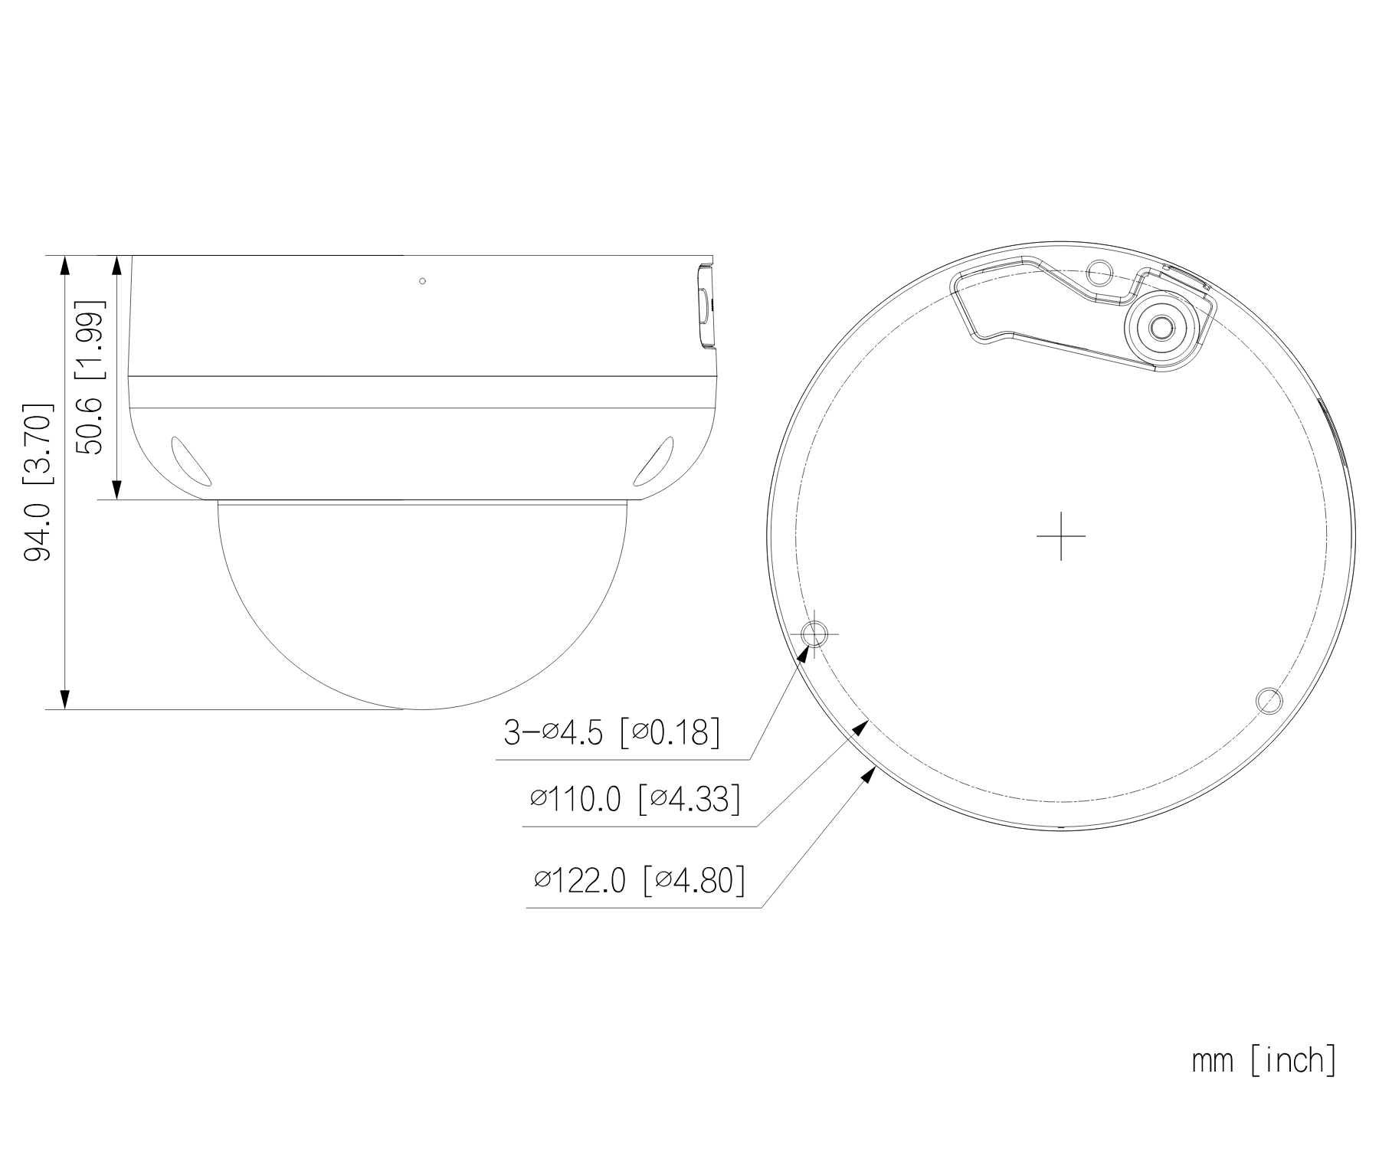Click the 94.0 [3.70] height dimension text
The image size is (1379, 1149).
coord(39,483)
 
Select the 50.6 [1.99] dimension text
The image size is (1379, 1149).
coord(90,378)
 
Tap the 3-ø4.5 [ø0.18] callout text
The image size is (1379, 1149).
coord(611,732)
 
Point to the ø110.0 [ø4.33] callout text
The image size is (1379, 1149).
coord(635,800)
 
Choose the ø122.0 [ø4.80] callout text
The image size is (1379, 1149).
coord(640,880)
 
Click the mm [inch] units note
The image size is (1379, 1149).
coord(1264,1061)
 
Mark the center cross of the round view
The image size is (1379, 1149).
coord(1060,536)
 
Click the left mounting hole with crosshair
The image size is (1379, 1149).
coord(814,634)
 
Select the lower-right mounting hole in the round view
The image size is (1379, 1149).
coord(1269,699)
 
